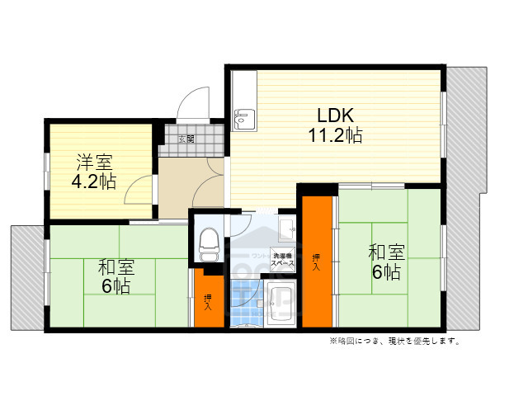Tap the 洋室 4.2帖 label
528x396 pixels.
click(97, 171)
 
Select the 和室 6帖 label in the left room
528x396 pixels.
click(115, 276)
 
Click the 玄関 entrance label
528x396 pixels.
click(187, 139)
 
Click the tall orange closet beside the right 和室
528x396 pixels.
click(317, 261)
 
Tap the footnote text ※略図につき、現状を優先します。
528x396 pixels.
click(394, 340)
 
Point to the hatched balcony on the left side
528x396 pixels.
click(26, 276)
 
